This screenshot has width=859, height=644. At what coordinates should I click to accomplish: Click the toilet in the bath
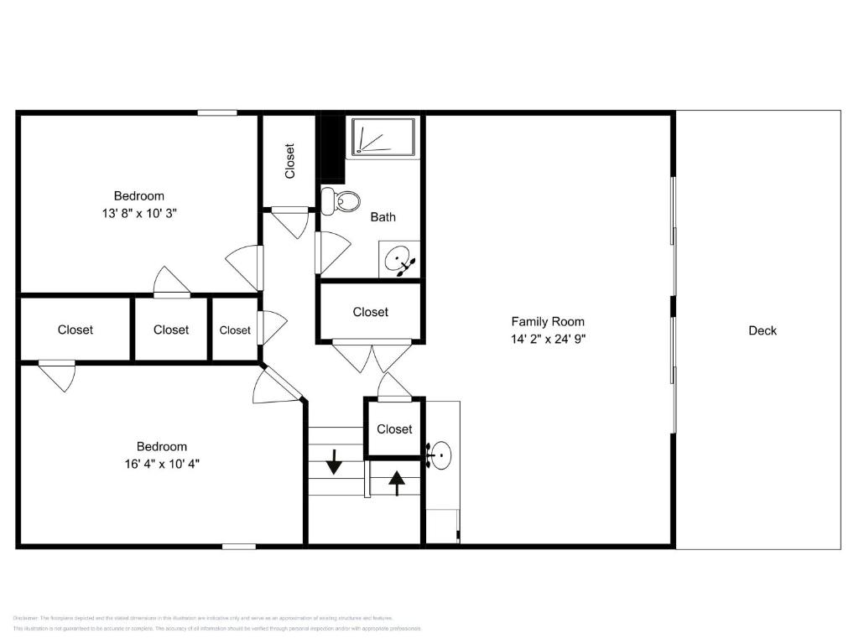click(x=340, y=201)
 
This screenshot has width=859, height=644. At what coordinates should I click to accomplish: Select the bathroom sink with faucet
click(x=399, y=260)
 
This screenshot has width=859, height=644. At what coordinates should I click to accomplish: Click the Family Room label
click(x=548, y=321)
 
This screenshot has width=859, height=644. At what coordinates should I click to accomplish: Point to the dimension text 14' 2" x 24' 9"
click(x=548, y=340)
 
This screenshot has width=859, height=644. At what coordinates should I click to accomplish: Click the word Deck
click(x=762, y=330)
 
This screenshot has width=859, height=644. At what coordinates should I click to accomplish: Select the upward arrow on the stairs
click(x=396, y=482)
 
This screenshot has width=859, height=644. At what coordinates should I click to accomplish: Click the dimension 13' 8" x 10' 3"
click(x=139, y=213)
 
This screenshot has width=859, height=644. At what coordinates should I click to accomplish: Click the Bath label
click(x=383, y=217)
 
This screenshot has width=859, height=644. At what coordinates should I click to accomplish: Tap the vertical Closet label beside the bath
click(x=290, y=161)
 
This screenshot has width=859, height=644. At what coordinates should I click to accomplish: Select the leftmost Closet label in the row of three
click(x=75, y=330)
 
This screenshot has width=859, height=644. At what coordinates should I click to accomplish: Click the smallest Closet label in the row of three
click(x=235, y=330)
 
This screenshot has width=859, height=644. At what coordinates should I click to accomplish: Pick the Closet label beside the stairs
click(x=394, y=428)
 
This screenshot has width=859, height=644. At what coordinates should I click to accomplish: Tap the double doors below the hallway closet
click(x=372, y=356)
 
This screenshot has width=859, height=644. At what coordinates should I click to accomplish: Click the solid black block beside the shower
click(x=332, y=148)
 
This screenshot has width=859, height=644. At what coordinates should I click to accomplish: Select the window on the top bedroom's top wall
click(x=217, y=112)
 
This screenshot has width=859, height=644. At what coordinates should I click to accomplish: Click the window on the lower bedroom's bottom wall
click(x=239, y=547)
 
